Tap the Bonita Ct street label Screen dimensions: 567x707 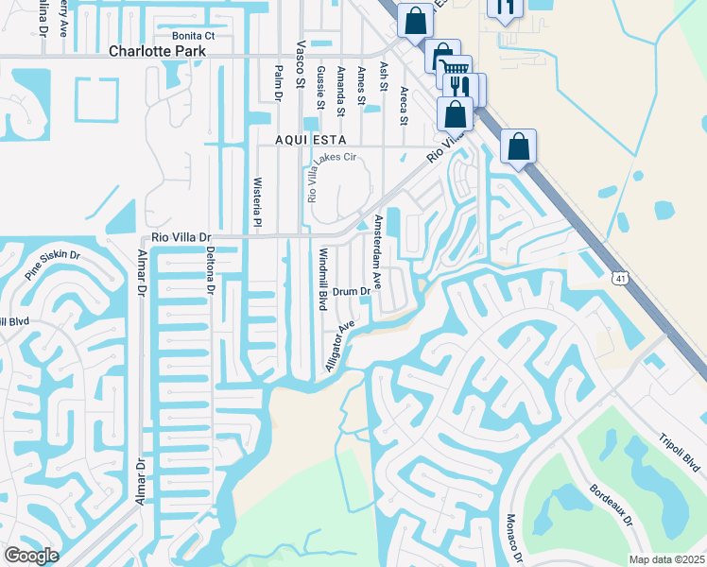[x=187, y=36]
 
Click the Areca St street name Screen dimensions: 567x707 [x=404, y=106]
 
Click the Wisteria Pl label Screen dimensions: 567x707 [x=256, y=202]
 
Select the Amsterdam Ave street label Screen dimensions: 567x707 [x=377, y=251]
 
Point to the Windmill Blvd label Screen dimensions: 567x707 [x=322, y=280]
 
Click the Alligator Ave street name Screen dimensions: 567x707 [x=339, y=346]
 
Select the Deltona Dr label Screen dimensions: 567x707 [x=211, y=270]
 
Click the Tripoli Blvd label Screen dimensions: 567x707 [x=680, y=452]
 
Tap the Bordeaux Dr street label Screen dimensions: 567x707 [x=610, y=506]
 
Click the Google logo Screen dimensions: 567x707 [x=31, y=556]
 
